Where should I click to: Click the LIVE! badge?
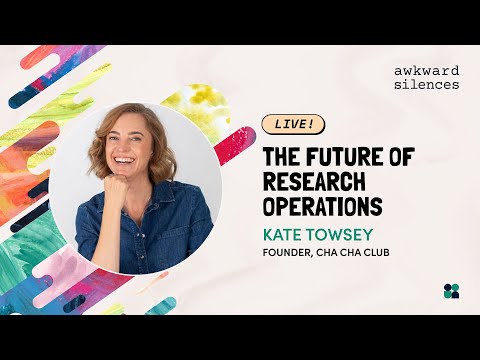(293, 124)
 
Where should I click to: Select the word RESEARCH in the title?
(314, 182)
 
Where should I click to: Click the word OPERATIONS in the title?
(323, 207)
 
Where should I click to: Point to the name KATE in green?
(283, 234)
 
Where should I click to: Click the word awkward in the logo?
(427, 71)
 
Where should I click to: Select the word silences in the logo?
(427, 84)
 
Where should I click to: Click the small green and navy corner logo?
(451, 291)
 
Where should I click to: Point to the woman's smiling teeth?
(123, 161)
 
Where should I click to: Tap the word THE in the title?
(282, 156)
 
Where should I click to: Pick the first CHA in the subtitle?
(326, 252)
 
